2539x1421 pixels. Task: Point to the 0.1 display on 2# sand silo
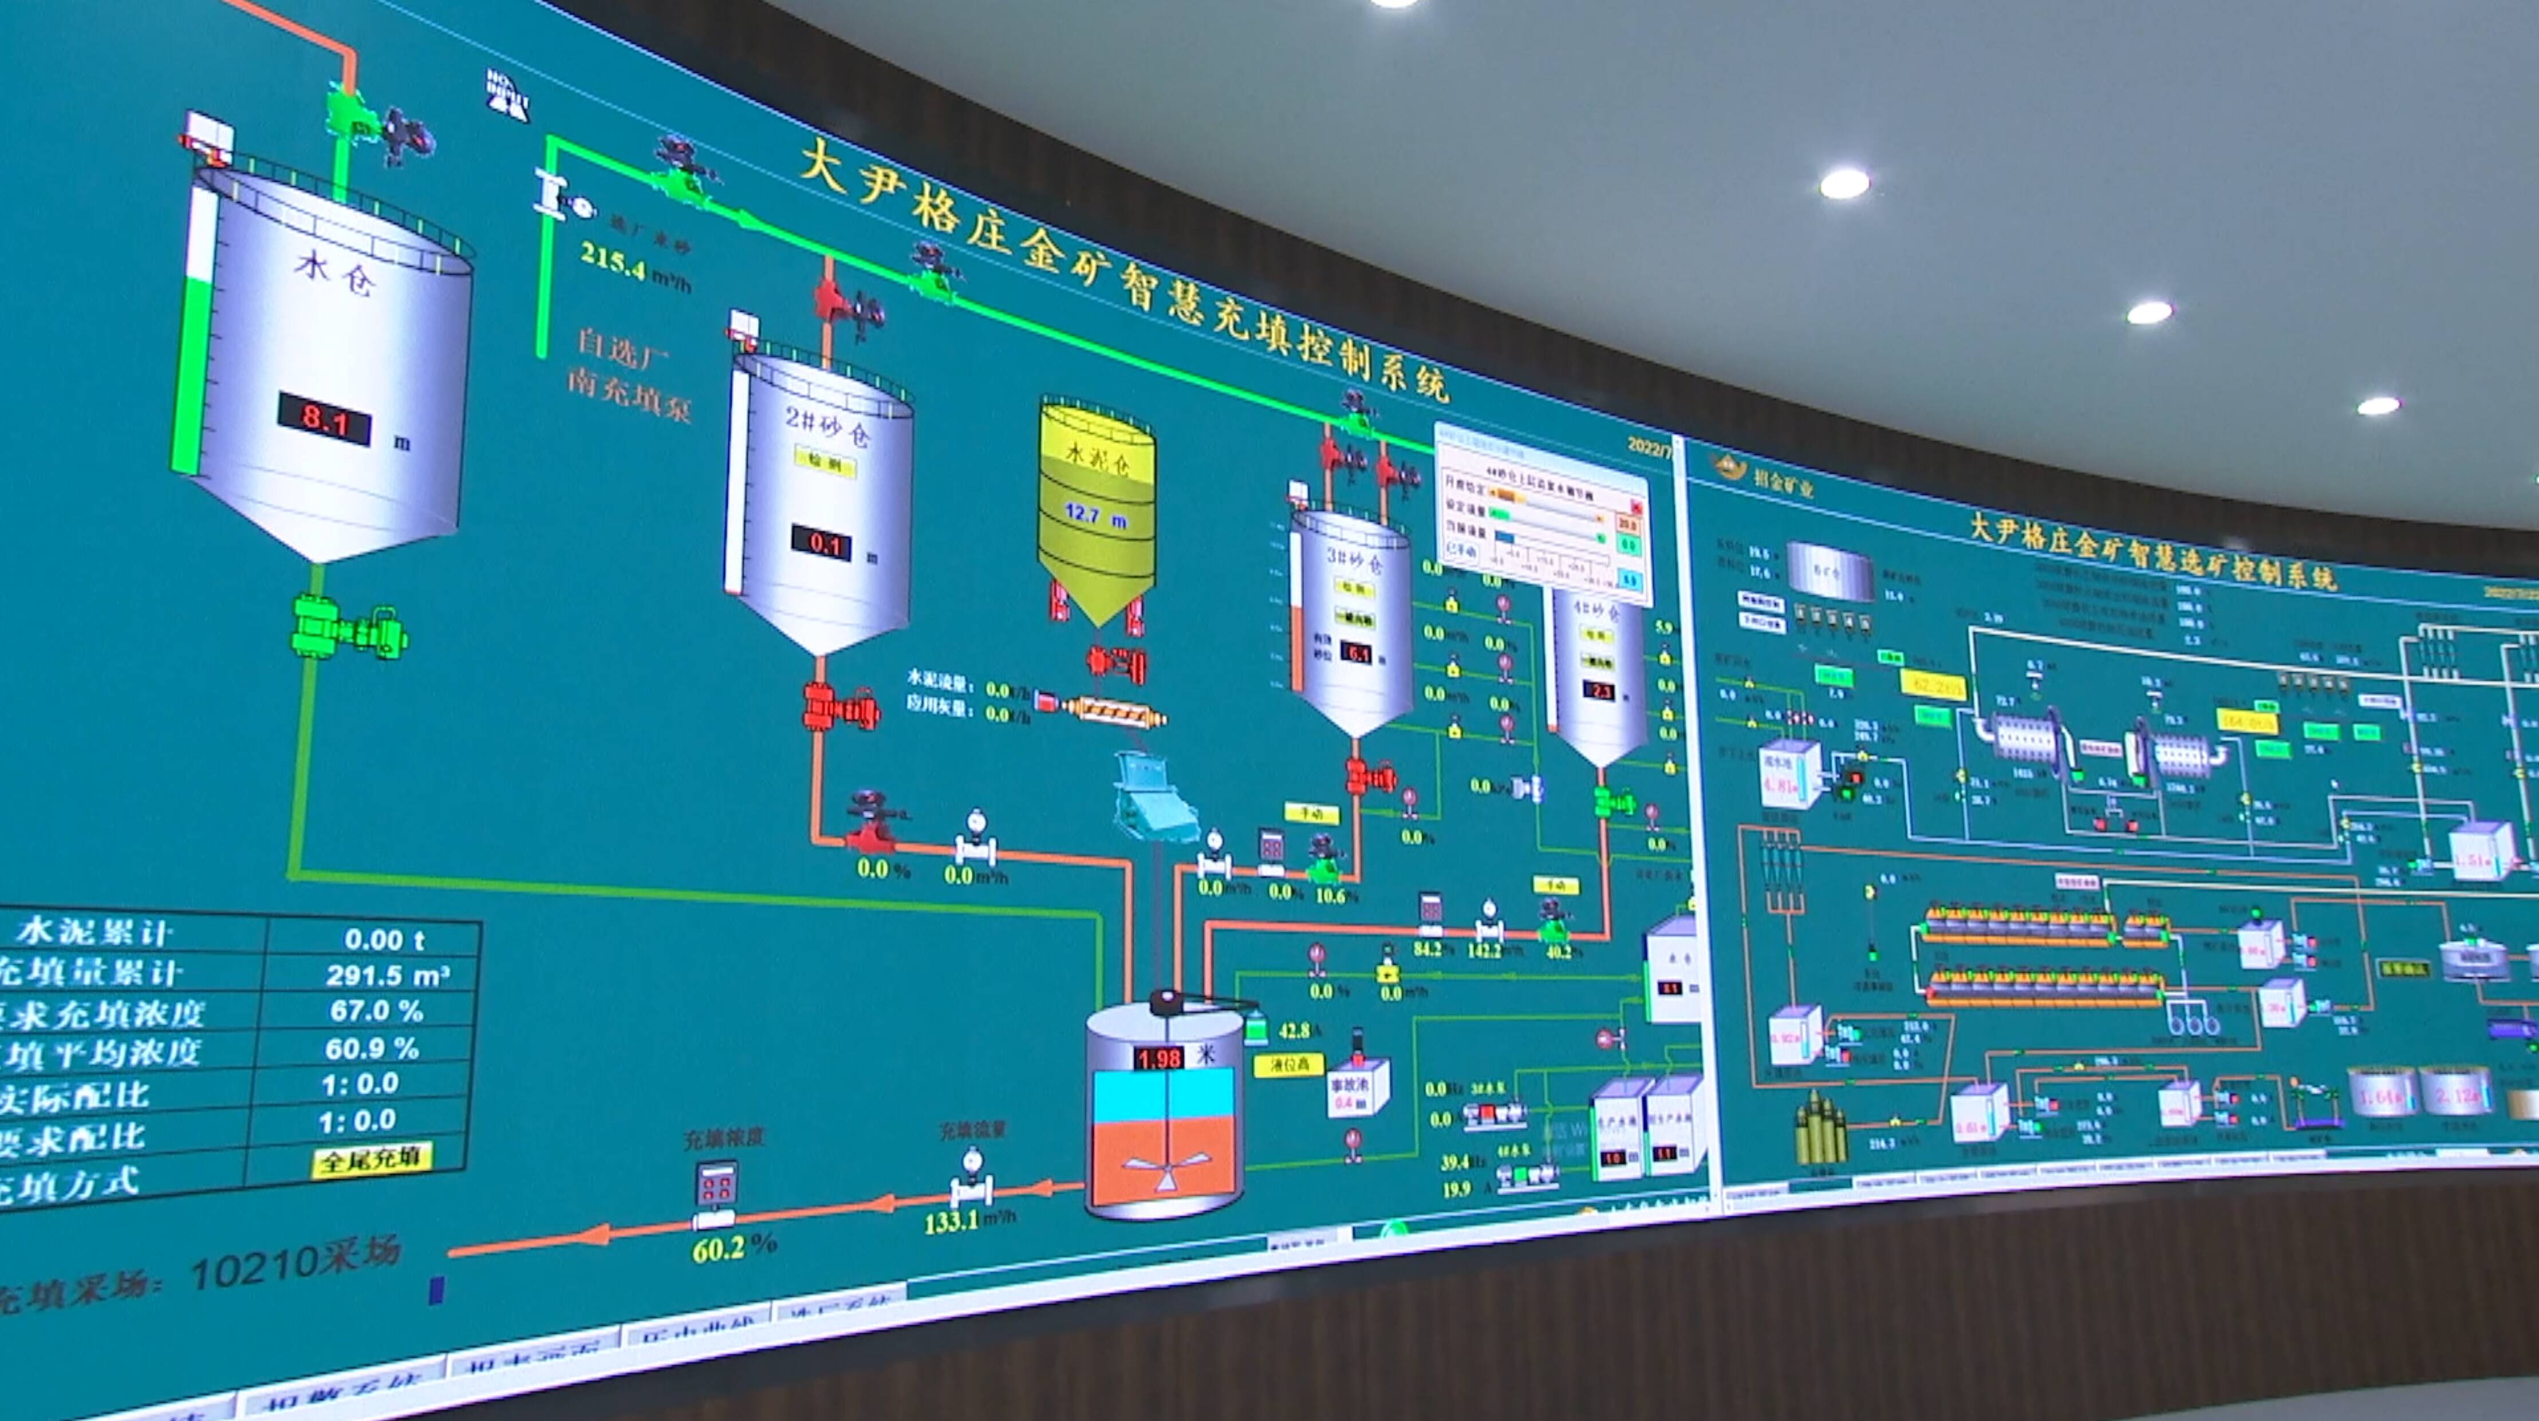tap(822, 543)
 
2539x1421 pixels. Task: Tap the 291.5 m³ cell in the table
tap(387, 975)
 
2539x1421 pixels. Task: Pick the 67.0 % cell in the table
tap(377, 1011)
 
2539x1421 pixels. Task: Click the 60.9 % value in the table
tap(373, 1047)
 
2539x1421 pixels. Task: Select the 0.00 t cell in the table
tap(384, 940)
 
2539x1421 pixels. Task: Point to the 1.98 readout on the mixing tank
tap(1158, 1059)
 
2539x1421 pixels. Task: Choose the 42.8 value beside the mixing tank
tap(1294, 1030)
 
